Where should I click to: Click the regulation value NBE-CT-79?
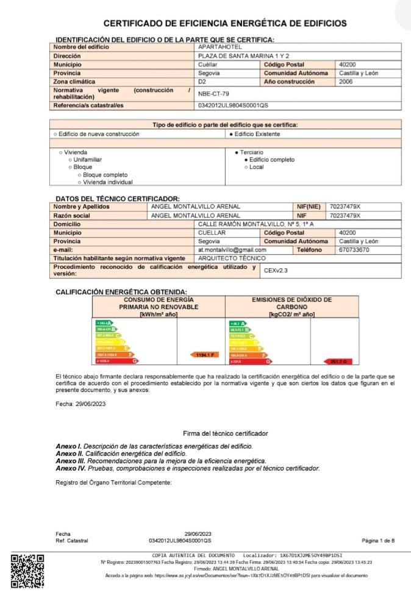pyautogui.click(x=213, y=94)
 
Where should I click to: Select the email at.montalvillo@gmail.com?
pyautogui.click(x=232, y=249)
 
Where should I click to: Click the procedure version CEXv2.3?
pyautogui.click(x=276, y=269)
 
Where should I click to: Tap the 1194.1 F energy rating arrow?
pyautogui.click(x=205, y=355)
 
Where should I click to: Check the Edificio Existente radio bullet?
pyautogui.click(x=231, y=134)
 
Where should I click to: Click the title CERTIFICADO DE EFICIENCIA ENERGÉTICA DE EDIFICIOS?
pyautogui.click(x=225, y=24)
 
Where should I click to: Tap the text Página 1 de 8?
pyautogui.click(x=378, y=541)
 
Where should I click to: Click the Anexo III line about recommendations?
pyautogui.click(x=162, y=461)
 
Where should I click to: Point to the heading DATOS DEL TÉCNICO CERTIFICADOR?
pyautogui.click(x=118, y=199)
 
